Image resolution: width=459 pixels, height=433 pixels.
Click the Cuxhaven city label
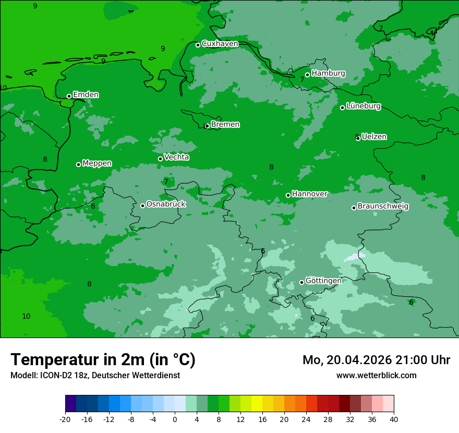point(220,44)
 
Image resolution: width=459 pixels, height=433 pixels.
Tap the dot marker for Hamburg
point(308,75)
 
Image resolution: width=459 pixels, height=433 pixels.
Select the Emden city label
point(86,95)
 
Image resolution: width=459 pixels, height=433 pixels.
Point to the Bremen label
point(225,125)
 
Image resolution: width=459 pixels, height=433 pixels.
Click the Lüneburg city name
point(363,106)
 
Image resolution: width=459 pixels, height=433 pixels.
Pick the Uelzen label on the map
point(374,137)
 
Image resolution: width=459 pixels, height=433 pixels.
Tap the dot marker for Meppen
point(79,164)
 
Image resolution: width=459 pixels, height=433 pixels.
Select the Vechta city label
point(176,158)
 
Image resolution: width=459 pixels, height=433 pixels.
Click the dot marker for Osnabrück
point(143,206)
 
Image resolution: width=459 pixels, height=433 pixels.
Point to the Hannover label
point(309,194)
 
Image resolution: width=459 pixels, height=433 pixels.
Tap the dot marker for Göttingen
point(301,282)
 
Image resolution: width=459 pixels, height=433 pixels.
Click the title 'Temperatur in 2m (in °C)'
point(103,359)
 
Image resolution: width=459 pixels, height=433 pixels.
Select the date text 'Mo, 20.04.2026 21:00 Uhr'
point(376,360)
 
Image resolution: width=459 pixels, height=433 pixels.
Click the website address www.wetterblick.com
point(376,375)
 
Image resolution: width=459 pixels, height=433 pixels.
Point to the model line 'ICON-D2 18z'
point(95,375)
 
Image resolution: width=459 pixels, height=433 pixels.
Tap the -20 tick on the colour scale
point(65,419)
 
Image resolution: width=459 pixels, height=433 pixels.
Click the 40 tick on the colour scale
point(394,419)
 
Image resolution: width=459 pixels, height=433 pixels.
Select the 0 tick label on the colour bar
point(175,419)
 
